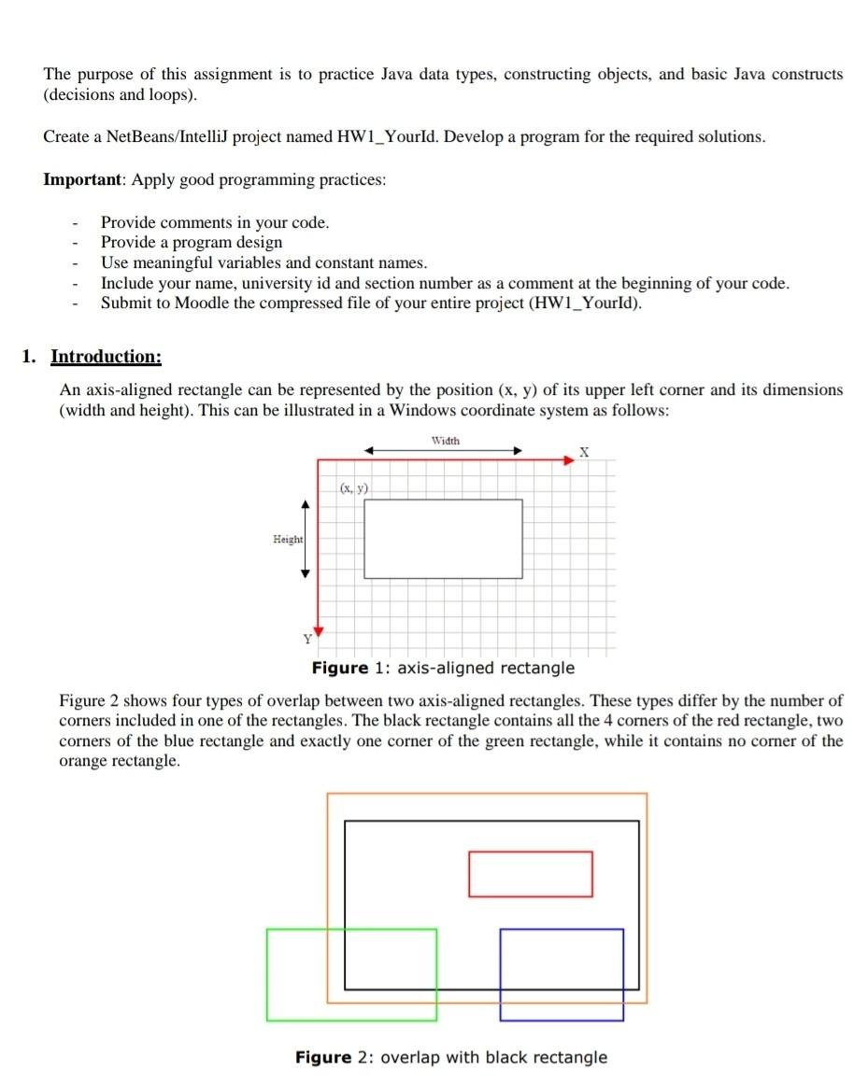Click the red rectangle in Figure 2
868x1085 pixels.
tap(530, 874)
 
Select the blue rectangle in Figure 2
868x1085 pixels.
tap(562, 974)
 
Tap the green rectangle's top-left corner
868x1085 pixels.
tap(268, 930)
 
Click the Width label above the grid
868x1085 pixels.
tap(445, 440)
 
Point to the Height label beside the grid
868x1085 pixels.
tap(287, 539)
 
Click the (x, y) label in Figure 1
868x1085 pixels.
tap(354, 486)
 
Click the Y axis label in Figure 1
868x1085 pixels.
tap(306, 640)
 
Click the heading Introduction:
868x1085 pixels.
tap(106, 357)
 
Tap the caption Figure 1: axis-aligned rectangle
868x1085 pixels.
tap(443, 668)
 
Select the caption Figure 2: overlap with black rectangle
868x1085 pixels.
tap(450, 1057)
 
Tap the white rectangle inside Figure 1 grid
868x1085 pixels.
tap(443, 538)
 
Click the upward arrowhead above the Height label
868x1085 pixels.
tap(304, 505)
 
